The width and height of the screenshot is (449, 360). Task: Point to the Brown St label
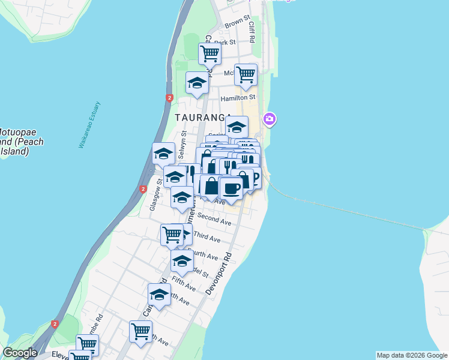(237, 23)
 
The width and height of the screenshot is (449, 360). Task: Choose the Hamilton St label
(238, 97)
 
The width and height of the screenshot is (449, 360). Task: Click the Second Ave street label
(214, 220)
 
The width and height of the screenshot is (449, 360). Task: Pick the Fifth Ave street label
(184, 284)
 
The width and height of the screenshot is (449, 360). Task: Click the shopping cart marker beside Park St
(210, 53)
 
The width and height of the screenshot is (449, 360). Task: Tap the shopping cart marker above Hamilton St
(246, 74)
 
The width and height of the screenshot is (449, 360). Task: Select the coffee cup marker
(231, 188)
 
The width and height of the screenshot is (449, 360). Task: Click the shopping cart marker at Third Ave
(172, 235)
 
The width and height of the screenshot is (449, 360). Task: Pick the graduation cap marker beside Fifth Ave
(182, 261)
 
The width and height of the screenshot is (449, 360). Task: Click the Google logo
(20, 353)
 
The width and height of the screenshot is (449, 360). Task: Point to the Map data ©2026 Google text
(411, 355)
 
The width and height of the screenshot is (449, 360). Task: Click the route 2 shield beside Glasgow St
(143, 189)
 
